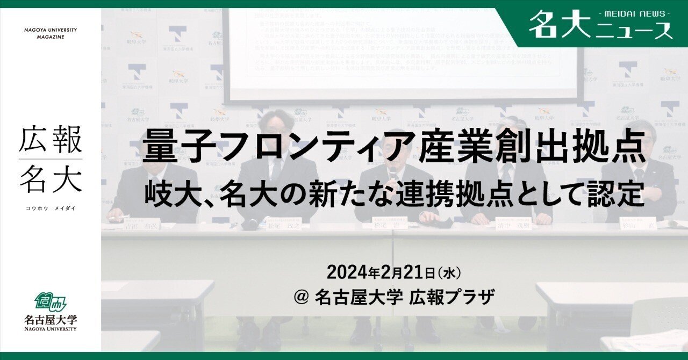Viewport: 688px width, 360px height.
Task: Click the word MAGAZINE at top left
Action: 51,37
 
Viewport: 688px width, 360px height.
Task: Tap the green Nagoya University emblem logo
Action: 51,301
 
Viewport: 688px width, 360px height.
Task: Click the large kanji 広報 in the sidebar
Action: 51,140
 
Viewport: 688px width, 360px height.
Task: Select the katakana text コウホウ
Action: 35,208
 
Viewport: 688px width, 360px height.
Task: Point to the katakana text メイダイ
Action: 65,208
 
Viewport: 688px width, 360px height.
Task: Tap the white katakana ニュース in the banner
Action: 634,31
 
